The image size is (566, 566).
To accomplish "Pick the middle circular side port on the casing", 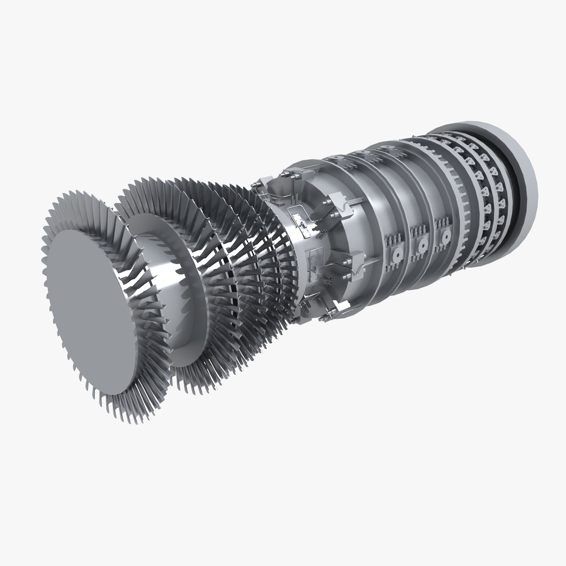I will tap(422, 245).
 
